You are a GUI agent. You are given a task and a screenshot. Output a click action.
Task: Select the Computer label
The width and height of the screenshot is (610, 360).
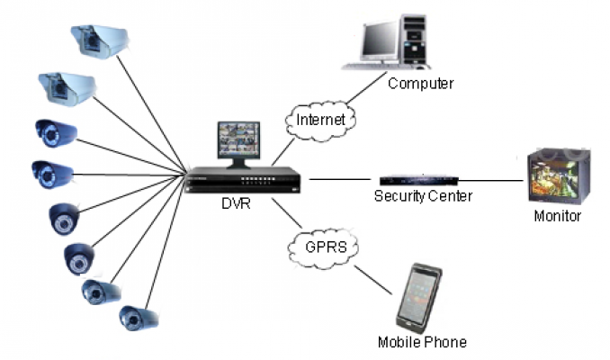pos(419,84)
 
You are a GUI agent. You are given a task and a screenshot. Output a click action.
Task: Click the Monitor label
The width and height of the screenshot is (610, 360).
pos(559,217)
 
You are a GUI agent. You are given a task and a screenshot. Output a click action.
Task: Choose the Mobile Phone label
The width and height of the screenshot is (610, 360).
pos(422,342)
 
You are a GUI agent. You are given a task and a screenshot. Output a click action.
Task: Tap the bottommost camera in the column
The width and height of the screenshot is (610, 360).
pos(139,317)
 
